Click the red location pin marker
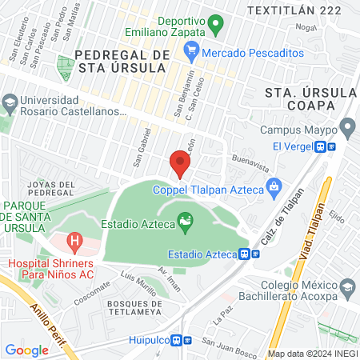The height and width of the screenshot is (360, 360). click(x=180, y=165)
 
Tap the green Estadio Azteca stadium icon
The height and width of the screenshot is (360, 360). click(x=186, y=222)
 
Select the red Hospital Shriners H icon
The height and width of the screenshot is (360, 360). click(x=74, y=239)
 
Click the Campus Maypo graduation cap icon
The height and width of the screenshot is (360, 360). click(x=347, y=126)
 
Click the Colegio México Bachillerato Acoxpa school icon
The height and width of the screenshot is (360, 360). click(x=347, y=287)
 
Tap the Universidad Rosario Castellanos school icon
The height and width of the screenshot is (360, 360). click(x=9, y=102)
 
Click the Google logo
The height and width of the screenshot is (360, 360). click(x=26, y=350)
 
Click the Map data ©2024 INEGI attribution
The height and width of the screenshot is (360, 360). click(x=311, y=353)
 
